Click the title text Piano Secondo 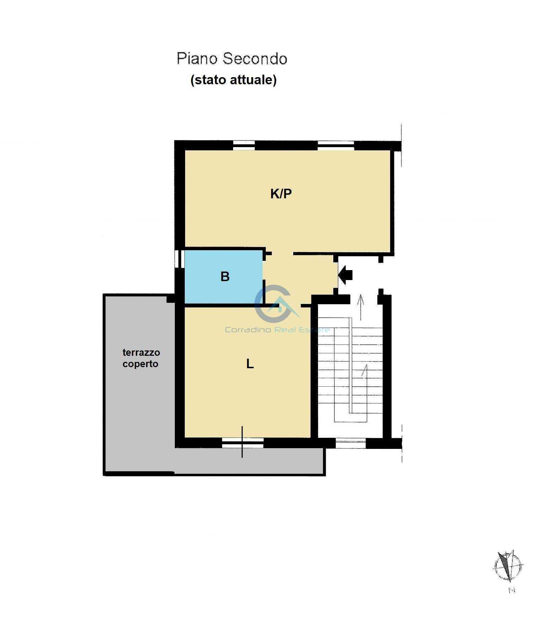click(x=232, y=59)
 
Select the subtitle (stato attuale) click(x=233, y=80)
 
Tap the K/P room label click(x=281, y=194)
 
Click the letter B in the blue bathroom click(x=225, y=277)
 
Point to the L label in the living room click(x=250, y=364)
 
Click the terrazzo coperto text click(x=141, y=358)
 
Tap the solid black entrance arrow click(x=345, y=275)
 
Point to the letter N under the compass click(x=512, y=590)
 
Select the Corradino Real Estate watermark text click(x=277, y=330)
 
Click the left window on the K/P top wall click(x=244, y=145)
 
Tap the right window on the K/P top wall click(x=336, y=145)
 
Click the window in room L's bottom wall click(x=243, y=442)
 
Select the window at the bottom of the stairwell click(x=351, y=443)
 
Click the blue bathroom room click(x=223, y=277)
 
